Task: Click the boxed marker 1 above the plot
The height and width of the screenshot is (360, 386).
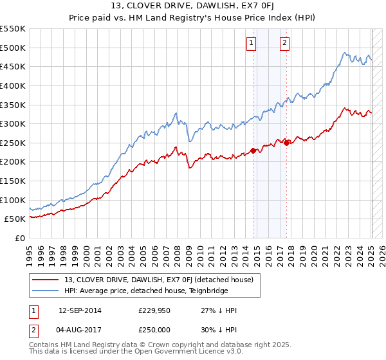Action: (x=250, y=44)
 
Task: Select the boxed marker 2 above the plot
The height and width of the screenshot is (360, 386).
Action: (x=284, y=44)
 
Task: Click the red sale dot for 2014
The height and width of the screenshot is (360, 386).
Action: (x=253, y=150)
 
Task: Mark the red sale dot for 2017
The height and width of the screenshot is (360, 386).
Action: (x=286, y=143)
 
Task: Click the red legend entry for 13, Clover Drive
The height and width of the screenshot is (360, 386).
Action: (x=161, y=280)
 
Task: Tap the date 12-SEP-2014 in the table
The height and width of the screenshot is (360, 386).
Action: (x=80, y=310)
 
